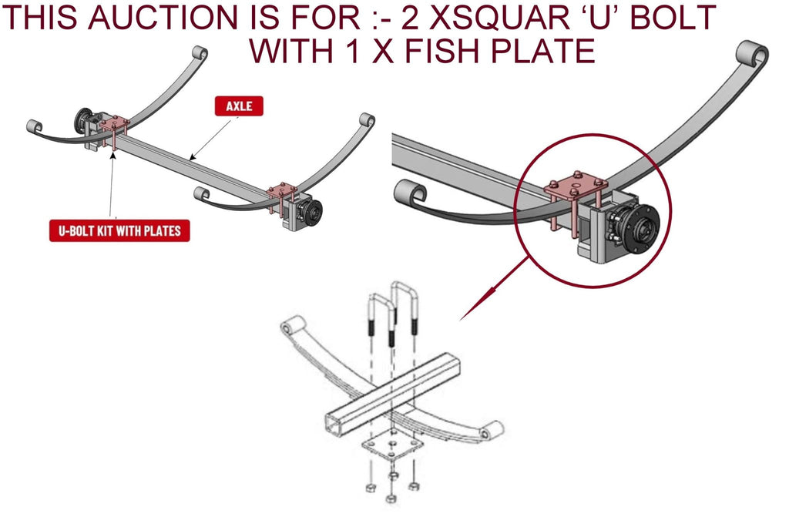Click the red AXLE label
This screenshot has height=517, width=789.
pos(239,106)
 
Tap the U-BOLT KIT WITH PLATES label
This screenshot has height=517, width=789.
pos(119,231)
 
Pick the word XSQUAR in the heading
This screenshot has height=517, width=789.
pos(503,17)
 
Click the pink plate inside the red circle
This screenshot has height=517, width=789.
pos(576,186)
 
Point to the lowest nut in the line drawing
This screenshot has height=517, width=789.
pos(391,499)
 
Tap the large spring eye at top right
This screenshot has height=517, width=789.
pos(752,55)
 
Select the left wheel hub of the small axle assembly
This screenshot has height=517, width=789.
pos(82,121)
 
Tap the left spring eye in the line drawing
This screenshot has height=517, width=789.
pos(290,327)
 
